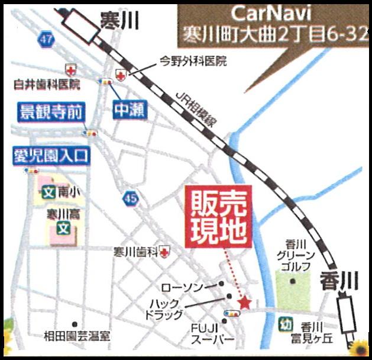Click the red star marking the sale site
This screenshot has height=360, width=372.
(x=244, y=303)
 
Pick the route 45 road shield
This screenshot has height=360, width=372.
(x=131, y=200)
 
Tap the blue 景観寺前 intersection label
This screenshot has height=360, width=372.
(x=51, y=112)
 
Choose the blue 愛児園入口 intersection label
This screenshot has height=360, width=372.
(x=50, y=157)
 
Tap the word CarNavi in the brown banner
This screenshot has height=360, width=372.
(x=269, y=12)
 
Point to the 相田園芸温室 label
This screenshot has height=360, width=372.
(x=77, y=336)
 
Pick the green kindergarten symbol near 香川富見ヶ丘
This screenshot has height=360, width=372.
(x=286, y=324)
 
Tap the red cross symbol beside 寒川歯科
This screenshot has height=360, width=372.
(x=163, y=252)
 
